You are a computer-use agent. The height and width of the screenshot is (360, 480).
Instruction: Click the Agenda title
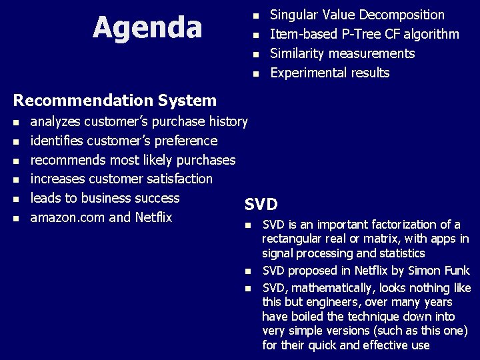pos(147,27)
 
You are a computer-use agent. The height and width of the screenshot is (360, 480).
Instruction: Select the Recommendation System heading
pos(115,101)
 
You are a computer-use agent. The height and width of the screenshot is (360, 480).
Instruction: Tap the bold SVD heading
pos(261,204)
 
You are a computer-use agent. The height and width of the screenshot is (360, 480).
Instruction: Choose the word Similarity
pos(297,53)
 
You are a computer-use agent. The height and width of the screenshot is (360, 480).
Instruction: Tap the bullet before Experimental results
pos(253,73)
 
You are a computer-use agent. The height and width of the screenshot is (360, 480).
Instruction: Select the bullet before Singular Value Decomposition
pos(253,15)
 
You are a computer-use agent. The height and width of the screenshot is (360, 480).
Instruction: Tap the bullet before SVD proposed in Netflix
pos(247,271)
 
